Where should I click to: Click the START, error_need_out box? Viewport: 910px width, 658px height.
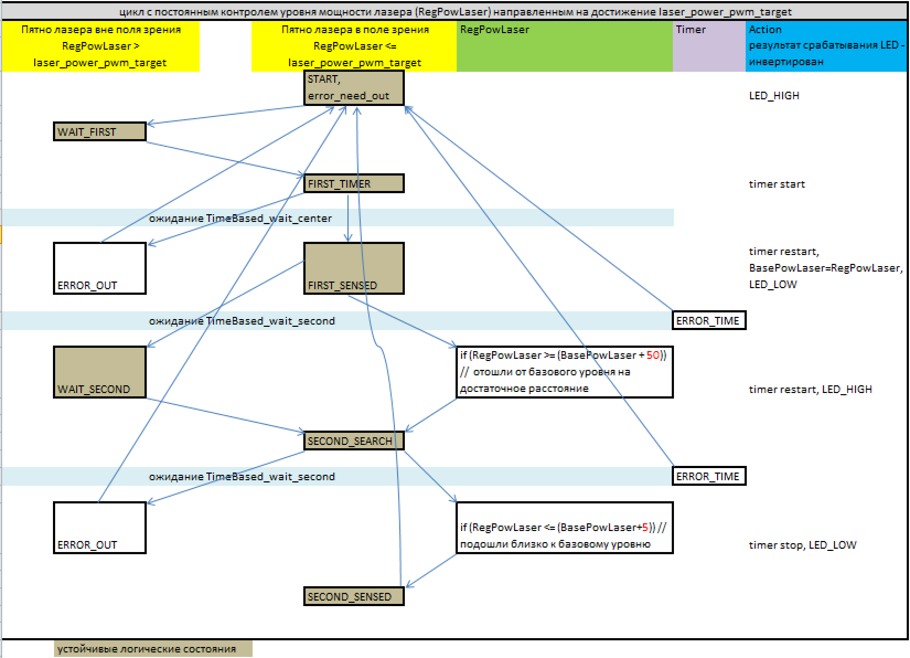pyautogui.click(x=354, y=88)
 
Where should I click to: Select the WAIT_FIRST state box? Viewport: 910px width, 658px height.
pyautogui.click(x=100, y=132)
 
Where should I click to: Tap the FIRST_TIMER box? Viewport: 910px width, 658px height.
pyautogui.click(x=354, y=183)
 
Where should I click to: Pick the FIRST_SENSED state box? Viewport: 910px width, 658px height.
pyautogui.click(x=354, y=268)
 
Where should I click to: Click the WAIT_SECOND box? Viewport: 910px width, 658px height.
pyautogui.click(x=100, y=372)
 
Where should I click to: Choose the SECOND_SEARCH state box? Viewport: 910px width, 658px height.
pyautogui.click(x=354, y=441)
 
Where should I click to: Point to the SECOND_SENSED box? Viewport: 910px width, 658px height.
pyautogui.click(x=354, y=596)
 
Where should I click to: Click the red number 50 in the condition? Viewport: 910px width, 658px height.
pyautogui.click(x=652, y=355)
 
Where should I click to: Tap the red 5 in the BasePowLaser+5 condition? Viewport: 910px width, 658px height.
pyautogui.click(x=645, y=527)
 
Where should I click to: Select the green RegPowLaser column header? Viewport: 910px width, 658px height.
pyautogui.click(x=564, y=46)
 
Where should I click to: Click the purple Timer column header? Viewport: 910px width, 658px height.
pyautogui.click(x=709, y=46)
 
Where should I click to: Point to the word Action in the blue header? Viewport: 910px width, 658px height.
pyautogui.click(x=765, y=29)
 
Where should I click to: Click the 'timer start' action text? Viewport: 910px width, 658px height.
pyautogui.click(x=777, y=184)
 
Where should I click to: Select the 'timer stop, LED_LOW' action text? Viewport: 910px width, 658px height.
pyautogui.click(x=802, y=545)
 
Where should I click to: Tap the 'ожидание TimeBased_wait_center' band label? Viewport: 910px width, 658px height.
pyautogui.click(x=240, y=218)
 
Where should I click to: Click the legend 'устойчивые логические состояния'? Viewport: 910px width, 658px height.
pyautogui.click(x=147, y=649)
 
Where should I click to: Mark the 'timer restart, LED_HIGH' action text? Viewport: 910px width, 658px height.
pyautogui.click(x=810, y=389)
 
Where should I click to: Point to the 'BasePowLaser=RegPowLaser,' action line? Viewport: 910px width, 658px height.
pyautogui.click(x=825, y=268)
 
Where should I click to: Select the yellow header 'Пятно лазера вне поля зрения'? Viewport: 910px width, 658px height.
pyautogui.click(x=100, y=30)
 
